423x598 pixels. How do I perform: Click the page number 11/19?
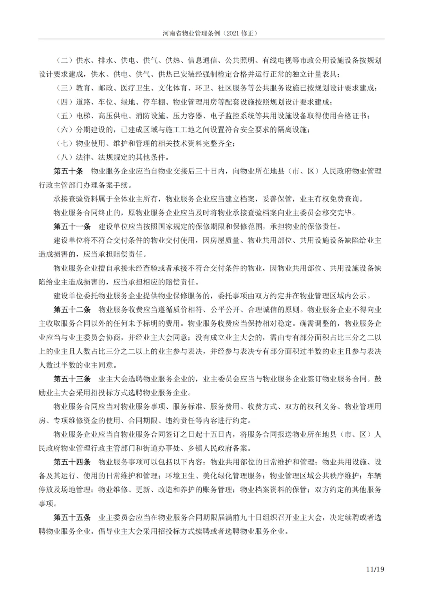pos(375,569)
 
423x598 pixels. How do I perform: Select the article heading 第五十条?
pos(68,171)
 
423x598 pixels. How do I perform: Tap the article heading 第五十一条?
pos(72,226)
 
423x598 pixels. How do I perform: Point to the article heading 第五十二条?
pos(72,310)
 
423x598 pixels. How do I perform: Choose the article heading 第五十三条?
pos(72,379)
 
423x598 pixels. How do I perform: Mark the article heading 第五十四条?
pos(72,462)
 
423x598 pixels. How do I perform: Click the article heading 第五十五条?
pos(72,517)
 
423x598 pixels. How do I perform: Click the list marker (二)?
pos(64,60)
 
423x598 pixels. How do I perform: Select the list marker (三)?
pos(64,88)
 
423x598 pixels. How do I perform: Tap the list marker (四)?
pos(64,102)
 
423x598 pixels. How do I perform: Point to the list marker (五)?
pos(64,116)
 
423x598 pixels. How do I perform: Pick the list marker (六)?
pos(64,130)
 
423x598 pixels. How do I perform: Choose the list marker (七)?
pos(64,143)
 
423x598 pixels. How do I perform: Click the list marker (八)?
pos(64,157)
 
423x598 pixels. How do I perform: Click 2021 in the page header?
pos(234,33)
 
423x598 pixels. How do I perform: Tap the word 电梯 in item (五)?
pos(83,116)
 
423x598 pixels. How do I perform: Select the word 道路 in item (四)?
pos(83,102)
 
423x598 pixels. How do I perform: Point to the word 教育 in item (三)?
pos(83,88)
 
